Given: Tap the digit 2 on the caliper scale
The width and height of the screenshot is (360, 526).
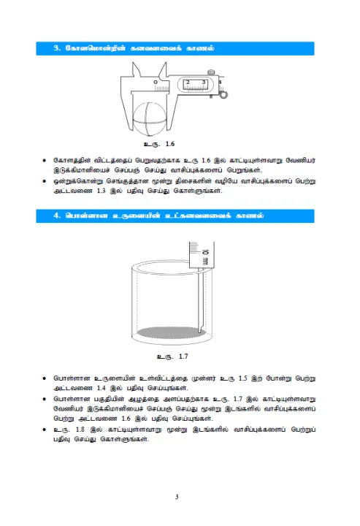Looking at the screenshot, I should point(188,82).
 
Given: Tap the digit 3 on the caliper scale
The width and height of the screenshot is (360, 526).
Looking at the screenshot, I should point(204,82).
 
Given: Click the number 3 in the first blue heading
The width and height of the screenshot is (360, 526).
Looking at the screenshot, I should point(56,48).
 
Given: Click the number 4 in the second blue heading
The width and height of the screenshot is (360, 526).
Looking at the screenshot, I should point(56,216).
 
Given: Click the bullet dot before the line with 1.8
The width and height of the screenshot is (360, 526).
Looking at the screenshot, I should point(45,430).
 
